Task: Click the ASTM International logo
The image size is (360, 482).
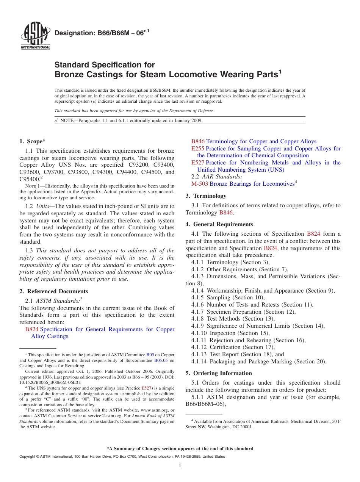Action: (35, 36)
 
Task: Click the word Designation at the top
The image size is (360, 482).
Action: (72, 33)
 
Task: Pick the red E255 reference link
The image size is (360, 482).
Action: (198, 149)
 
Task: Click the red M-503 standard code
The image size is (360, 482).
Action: (200, 184)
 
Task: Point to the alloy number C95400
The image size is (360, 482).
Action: (30, 179)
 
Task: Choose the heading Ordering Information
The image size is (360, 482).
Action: (222, 373)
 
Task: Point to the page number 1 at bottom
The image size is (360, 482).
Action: (180, 466)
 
